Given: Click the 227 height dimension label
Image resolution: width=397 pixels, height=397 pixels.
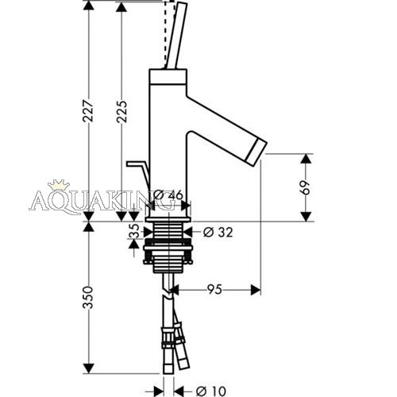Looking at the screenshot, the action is [88, 110].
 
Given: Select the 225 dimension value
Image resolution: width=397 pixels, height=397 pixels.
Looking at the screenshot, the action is [121, 111].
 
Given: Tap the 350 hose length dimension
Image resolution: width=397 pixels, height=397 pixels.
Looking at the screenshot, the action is [88, 297].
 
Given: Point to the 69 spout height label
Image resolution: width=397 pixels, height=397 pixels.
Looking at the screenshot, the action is [306, 187].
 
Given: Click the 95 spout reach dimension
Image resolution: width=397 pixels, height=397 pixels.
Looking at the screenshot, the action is [214, 289].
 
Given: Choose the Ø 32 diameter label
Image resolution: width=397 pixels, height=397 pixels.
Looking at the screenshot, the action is [218, 233].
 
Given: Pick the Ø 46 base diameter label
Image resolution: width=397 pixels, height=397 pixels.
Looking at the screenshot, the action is [168, 195].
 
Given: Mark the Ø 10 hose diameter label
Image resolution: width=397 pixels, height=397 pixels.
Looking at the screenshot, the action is [211, 391].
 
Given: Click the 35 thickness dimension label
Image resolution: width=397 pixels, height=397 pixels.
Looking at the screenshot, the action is [134, 231].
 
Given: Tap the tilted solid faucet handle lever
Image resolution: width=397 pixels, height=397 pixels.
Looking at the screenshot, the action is [177, 36].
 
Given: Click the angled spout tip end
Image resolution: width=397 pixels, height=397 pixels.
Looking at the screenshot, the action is [257, 153].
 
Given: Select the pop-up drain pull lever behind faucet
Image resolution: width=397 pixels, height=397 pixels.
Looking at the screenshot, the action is [138, 173].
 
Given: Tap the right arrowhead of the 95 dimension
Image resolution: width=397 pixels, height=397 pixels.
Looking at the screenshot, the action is [256, 290].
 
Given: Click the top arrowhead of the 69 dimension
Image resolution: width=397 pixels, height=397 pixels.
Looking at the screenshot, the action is [306, 159].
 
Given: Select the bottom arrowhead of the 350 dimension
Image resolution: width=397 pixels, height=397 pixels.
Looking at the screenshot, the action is [88, 368].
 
